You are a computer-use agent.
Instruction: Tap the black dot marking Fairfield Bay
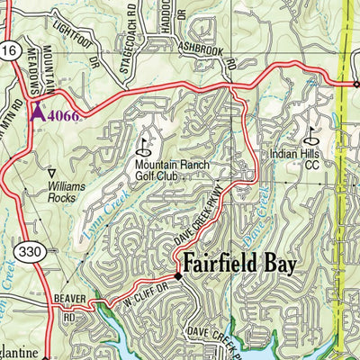tap(178, 277)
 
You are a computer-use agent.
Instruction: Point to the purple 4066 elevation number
tap(63, 115)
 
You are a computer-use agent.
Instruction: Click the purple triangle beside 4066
tap(37, 112)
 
